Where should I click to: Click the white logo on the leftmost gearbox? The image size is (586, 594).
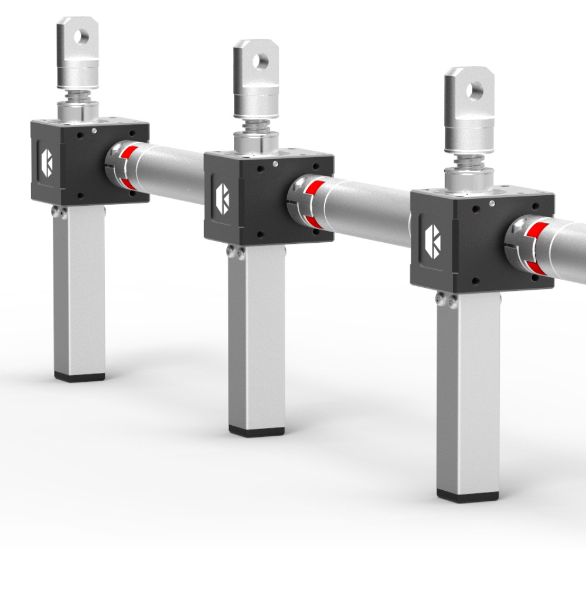(47, 162)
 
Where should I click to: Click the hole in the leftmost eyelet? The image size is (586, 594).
(83, 36)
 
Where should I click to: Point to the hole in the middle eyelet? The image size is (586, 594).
(261, 60)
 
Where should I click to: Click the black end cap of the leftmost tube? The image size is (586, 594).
(80, 376)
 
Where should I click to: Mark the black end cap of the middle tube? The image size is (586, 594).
(256, 432)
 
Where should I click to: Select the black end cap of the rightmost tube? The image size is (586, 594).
(467, 497)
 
